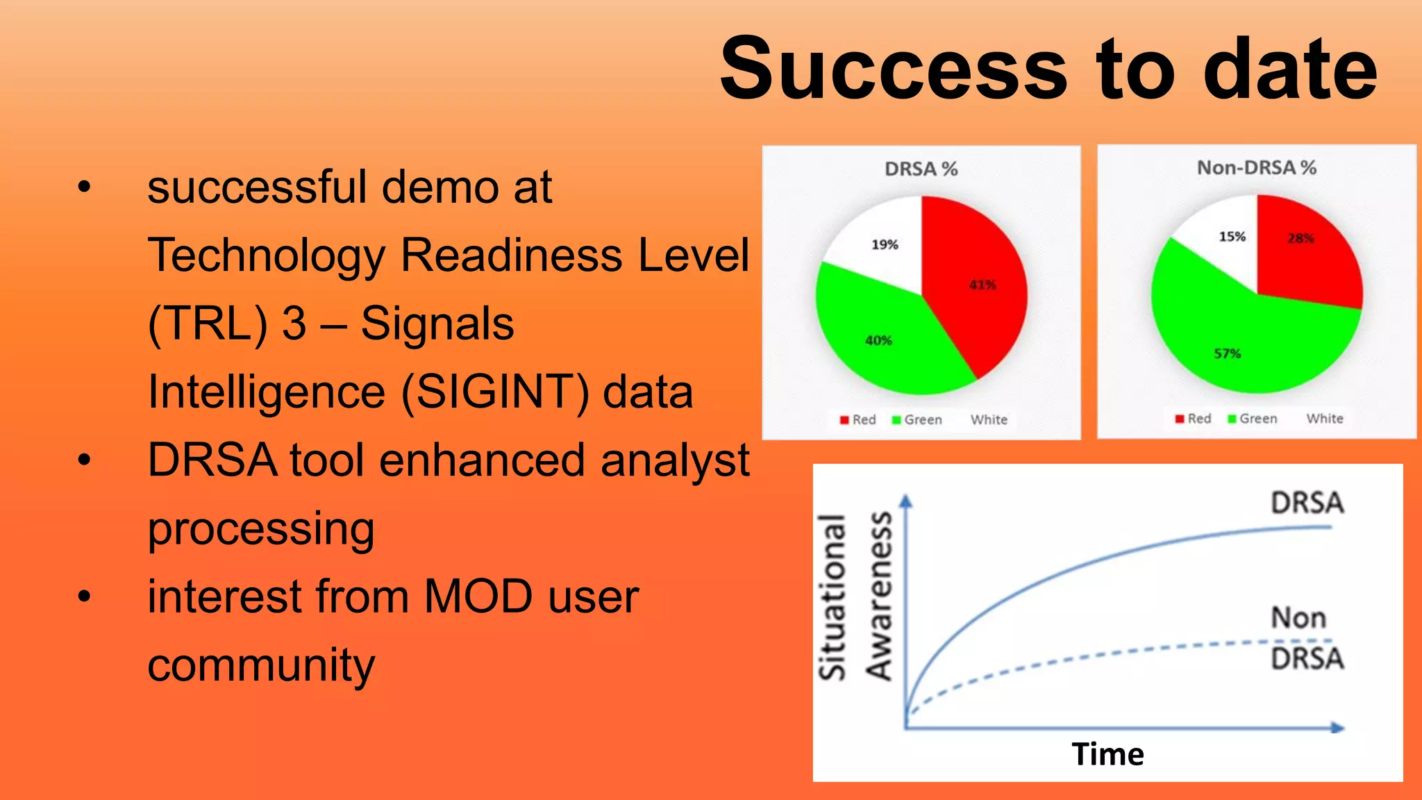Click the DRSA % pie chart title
921,169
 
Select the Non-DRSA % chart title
1256,167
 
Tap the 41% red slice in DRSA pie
982,285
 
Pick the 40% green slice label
878,340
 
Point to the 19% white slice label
885,244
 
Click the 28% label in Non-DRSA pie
1300,238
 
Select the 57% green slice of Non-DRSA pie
1227,353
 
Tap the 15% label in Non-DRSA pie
1232,237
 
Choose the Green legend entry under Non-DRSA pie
1253,419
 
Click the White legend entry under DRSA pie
988,419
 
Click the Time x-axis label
1107,754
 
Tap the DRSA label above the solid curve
1307,503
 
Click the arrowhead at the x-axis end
1338,728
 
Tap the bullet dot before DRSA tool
85,460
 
